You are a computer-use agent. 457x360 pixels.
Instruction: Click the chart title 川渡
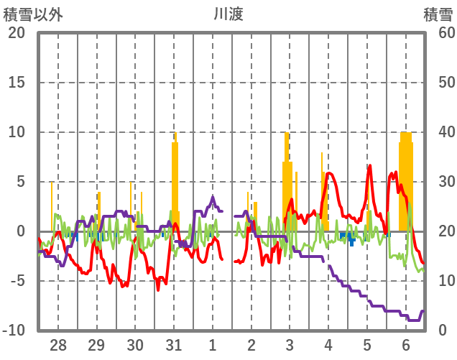point(228,14)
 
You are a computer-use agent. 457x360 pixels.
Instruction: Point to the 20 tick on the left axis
point(17,33)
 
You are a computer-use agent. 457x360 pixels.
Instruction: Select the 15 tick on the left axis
point(17,83)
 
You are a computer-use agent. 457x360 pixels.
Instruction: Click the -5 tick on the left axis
point(17,281)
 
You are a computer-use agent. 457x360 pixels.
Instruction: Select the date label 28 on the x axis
point(58,344)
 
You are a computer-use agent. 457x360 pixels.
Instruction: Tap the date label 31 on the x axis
point(174,344)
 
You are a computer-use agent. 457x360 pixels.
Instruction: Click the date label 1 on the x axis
point(213,344)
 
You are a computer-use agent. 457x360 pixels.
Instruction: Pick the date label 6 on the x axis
point(406,344)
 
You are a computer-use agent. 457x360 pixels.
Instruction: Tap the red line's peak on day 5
point(369,167)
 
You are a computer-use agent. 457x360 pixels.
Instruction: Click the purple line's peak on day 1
point(213,197)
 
